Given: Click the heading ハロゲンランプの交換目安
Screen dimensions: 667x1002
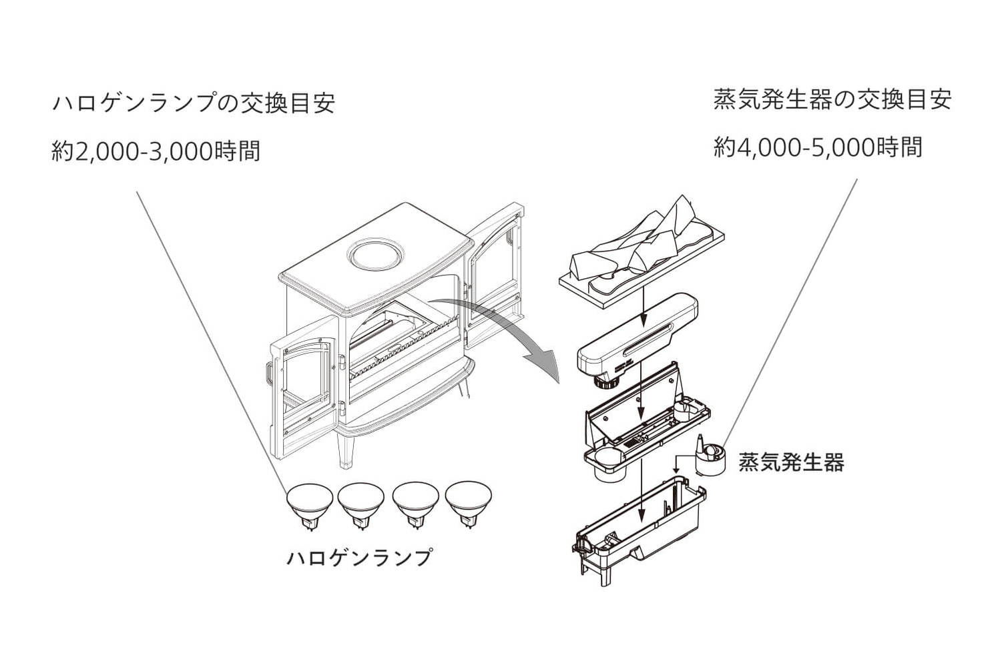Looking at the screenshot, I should (x=193, y=103).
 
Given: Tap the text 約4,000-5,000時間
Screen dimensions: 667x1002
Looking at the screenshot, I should (x=818, y=147).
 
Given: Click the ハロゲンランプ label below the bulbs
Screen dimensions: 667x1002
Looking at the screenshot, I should (x=359, y=557).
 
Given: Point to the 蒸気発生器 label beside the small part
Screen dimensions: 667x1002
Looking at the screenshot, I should (x=791, y=462).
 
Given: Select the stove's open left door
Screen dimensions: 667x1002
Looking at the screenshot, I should (x=304, y=394).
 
